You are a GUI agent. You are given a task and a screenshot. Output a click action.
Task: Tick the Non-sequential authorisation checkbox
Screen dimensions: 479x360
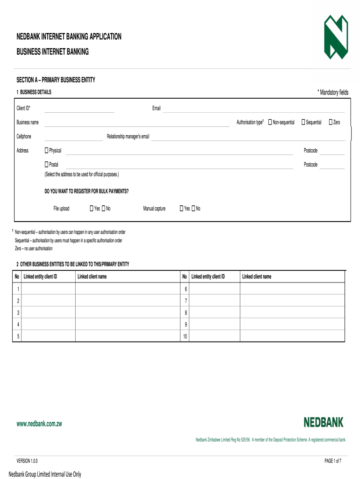pyautogui.click(x=270, y=122)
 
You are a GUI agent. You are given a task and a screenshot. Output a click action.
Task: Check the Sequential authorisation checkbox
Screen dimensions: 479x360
pyautogui.click(x=303, y=122)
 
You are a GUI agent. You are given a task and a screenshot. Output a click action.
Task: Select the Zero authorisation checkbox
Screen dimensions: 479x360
pyautogui.click(x=331, y=122)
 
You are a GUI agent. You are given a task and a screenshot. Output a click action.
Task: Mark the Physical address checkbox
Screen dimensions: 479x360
pyautogui.click(x=46, y=151)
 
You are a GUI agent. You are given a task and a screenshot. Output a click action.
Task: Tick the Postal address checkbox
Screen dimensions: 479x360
pyautogui.click(x=46, y=165)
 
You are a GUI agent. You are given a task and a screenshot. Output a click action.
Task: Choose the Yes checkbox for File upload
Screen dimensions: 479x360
pyautogui.click(x=92, y=208)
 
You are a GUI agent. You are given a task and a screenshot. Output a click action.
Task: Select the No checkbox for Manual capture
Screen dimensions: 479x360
pyautogui.click(x=193, y=208)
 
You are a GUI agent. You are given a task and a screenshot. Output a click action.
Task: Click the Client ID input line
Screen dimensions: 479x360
pyautogui.click(x=79, y=109)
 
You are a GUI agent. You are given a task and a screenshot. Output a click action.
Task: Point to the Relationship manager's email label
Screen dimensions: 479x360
pyautogui.click(x=128, y=137)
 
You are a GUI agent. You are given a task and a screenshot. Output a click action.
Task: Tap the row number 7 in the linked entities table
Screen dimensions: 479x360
pyautogui.click(x=186, y=300)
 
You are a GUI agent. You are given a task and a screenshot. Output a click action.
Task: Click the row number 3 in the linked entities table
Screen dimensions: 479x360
pyautogui.click(x=18, y=312)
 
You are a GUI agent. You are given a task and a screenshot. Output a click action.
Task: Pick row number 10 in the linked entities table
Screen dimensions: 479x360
pyautogui.click(x=185, y=336)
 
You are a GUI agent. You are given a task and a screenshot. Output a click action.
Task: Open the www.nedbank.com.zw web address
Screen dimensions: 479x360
pyautogui.click(x=39, y=424)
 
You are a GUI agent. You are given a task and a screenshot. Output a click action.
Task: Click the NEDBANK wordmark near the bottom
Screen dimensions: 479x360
pyautogui.click(x=323, y=422)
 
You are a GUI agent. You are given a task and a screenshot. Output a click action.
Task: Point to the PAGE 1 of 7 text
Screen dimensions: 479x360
pyautogui.click(x=333, y=461)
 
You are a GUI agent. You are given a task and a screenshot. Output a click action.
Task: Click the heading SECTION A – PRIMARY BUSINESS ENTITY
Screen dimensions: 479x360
pyautogui.click(x=56, y=80)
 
